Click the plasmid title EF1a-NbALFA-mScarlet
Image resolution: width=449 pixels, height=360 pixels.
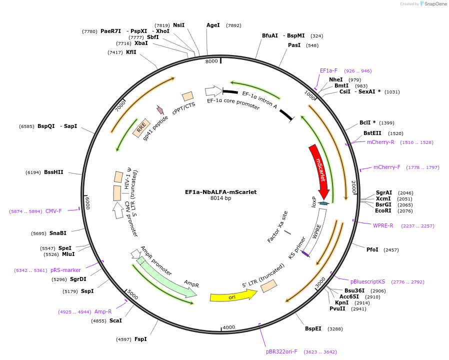[221, 192]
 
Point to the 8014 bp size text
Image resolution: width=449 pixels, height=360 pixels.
[221, 198]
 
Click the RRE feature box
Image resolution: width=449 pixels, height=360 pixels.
[141, 127]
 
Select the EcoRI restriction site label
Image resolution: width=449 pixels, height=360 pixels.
[383, 211]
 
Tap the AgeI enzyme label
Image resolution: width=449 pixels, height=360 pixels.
[213, 25]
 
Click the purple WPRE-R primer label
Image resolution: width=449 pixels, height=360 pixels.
[383, 225]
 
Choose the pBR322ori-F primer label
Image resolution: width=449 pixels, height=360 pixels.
[281, 351]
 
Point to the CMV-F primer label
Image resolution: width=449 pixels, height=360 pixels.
[53, 211]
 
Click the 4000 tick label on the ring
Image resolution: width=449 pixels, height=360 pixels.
[229, 327]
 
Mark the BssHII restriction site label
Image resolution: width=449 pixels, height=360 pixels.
[53, 172]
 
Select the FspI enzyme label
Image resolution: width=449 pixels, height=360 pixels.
[140, 339]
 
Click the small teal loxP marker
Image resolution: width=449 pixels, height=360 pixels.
[323, 203]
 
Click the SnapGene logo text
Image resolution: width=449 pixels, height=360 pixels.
[435, 3]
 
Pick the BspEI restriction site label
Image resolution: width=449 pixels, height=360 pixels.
[313, 328]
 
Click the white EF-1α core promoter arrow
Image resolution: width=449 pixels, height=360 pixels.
[214, 91]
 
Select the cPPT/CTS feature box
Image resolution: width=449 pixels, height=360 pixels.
[187, 96]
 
